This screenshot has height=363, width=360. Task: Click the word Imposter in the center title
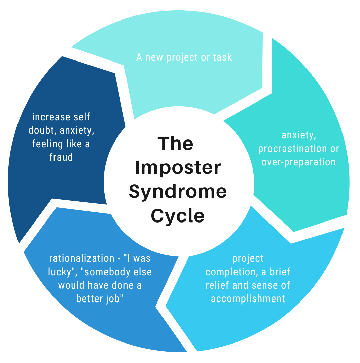tap(178, 168)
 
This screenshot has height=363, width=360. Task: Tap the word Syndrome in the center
tap(178, 192)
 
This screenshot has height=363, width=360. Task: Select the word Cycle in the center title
tap(178, 215)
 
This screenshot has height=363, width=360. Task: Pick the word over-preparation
tap(298, 162)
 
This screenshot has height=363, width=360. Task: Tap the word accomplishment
tap(248, 298)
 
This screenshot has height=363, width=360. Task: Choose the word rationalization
tap(82, 258)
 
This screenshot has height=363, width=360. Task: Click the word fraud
tap(61, 157)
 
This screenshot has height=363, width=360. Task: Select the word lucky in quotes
tap(60, 272)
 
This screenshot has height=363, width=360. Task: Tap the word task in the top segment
tap(222, 57)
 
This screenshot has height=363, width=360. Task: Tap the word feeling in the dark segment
tap(47, 144)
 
